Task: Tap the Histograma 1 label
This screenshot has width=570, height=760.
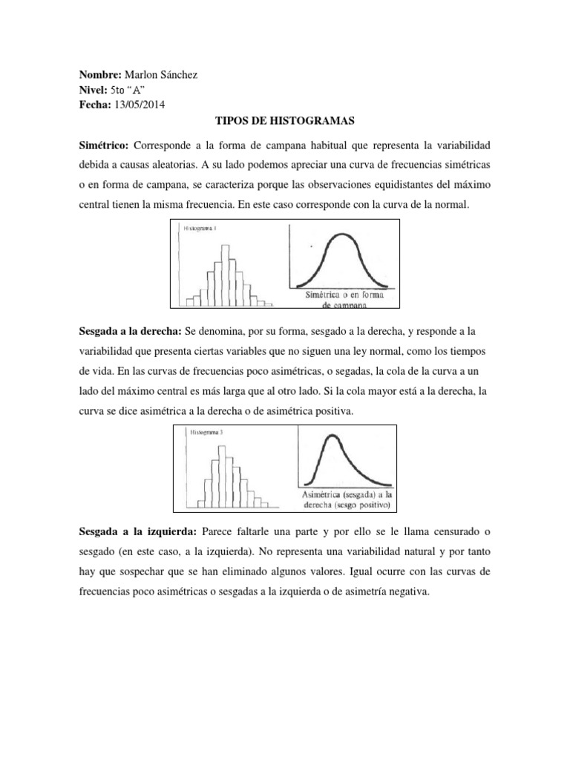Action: [198, 229]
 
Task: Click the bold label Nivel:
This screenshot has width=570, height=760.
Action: [93, 91]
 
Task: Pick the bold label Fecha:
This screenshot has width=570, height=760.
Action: [94, 105]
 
